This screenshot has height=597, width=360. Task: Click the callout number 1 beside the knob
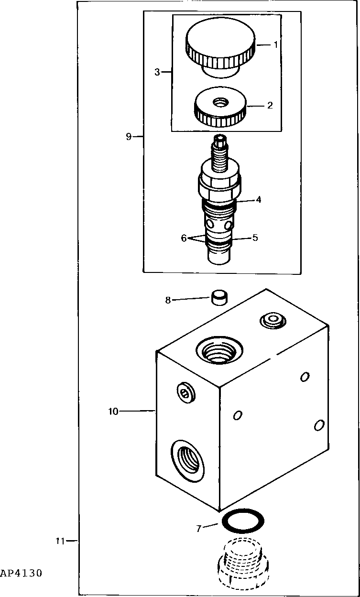276,44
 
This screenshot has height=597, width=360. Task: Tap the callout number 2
270,105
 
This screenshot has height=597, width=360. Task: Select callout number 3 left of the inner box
157,72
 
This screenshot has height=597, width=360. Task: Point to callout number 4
258,199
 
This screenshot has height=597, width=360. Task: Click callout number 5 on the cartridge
255,238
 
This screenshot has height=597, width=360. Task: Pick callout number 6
184,238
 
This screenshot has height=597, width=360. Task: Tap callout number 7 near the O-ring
199,528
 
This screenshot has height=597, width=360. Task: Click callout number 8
168,300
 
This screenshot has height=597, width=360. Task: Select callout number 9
129,137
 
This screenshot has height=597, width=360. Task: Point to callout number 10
113,411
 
